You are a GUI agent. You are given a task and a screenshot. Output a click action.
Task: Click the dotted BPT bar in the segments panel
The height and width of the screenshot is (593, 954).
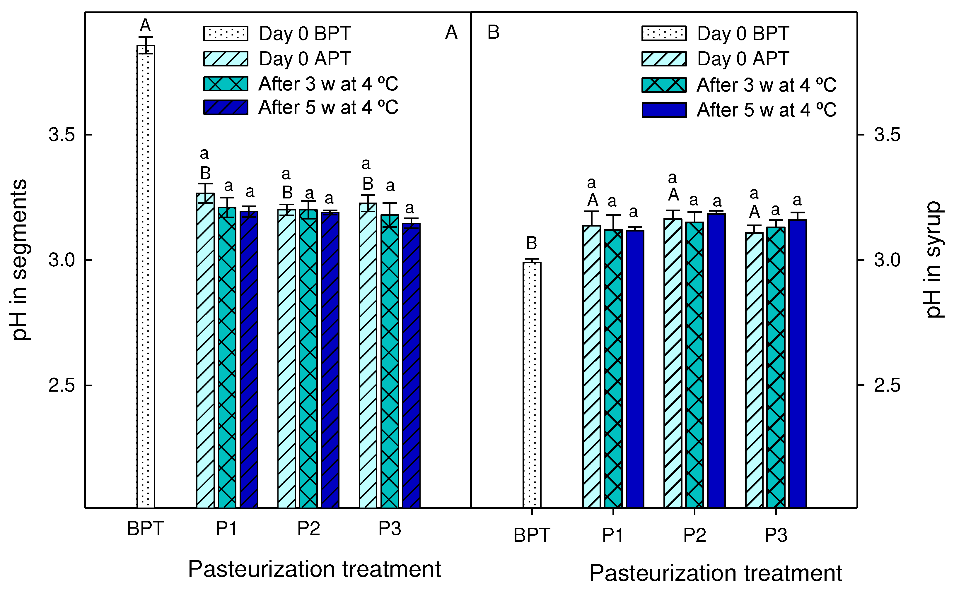[146, 275]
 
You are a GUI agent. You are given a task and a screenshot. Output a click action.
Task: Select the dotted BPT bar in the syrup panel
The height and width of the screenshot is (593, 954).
[532, 384]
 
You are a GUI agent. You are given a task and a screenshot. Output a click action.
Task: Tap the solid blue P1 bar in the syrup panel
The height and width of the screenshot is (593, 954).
[634, 369]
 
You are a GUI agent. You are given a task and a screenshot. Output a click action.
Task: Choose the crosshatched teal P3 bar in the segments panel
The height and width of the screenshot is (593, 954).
[389, 361]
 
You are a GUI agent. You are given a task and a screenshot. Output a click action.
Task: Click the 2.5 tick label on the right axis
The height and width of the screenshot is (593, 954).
[887, 385]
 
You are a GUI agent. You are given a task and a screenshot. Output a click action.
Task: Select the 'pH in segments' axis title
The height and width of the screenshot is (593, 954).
[20, 260]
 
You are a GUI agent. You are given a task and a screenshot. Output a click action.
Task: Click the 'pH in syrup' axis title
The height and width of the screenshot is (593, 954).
[934, 260]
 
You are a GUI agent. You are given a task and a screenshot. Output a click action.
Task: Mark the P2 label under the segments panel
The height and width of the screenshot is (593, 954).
[308, 529]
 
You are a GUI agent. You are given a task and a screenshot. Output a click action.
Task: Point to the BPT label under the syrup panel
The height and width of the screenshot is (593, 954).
[532, 535]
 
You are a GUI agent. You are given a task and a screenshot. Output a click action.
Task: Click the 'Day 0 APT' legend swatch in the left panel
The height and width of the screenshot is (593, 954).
[226, 59]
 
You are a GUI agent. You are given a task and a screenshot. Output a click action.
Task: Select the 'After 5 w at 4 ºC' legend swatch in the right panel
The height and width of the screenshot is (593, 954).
[664, 110]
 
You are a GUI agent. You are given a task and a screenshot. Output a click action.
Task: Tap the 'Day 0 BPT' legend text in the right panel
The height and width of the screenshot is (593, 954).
[743, 34]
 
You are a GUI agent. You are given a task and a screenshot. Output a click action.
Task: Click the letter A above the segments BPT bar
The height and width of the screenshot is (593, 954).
[145, 26]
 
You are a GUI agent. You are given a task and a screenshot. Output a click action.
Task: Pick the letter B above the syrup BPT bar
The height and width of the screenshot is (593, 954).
[532, 243]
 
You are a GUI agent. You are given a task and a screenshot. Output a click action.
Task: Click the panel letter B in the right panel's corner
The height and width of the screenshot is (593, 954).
[493, 32]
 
